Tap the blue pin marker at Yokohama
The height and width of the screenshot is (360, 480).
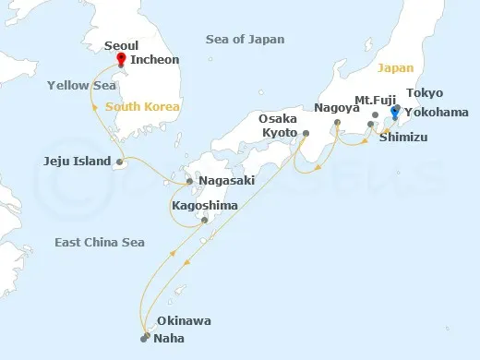click(x=395, y=113)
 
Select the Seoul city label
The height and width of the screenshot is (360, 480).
click(x=122, y=44)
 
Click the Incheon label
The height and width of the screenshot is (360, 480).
click(x=153, y=61)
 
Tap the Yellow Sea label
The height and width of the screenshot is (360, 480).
click(x=81, y=85)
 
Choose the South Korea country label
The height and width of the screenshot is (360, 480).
click(x=143, y=107)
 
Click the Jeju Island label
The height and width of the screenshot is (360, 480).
click(x=77, y=161)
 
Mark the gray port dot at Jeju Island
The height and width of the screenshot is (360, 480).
click(x=118, y=162)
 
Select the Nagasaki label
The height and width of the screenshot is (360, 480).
click(x=226, y=181)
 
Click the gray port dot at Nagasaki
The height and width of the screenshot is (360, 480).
click(x=190, y=181)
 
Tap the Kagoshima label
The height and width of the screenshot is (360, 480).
click(x=203, y=204)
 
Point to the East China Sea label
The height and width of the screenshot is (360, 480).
click(x=100, y=242)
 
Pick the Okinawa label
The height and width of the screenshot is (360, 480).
click(x=184, y=321)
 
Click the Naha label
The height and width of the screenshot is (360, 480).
click(x=173, y=339)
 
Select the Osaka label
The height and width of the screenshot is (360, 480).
click(x=278, y=119)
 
